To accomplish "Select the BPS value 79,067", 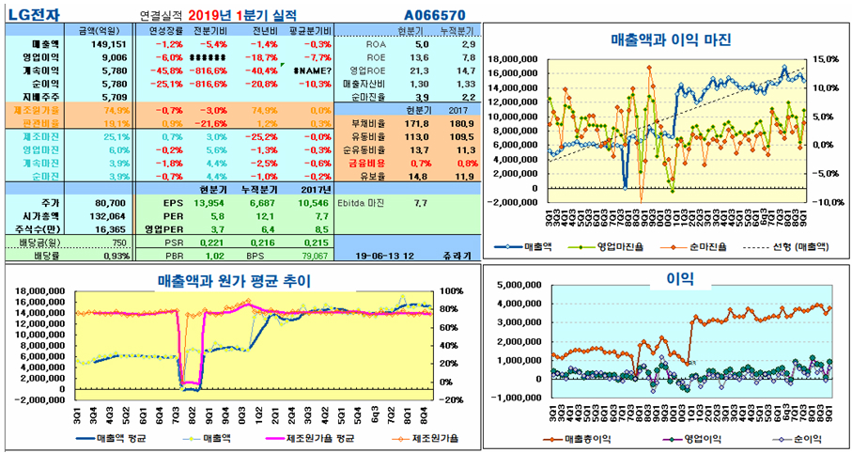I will (x=314, y=255).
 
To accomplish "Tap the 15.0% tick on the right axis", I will (x=827, y=58).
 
